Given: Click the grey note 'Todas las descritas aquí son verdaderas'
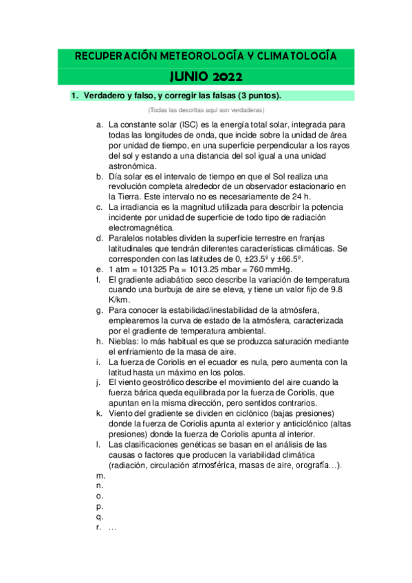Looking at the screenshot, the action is (x=206, y=110).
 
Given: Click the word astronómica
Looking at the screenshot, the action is (x=133, y=166).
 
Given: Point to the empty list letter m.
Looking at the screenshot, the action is (x=100, y=476).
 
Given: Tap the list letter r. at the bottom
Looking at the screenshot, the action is (x=100, y=527).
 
